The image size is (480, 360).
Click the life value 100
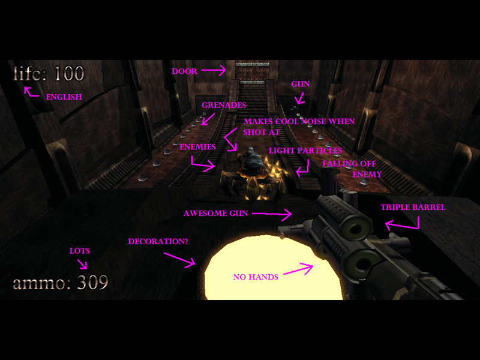click(69, 74)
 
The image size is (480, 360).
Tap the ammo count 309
click(93, 281)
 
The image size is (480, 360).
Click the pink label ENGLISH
click(64, 97)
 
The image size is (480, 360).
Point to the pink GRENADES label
click(224, 105)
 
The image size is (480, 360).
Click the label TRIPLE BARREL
click(413, 208)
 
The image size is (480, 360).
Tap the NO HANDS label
click(256, 277)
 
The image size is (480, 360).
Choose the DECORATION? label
click(158, 242)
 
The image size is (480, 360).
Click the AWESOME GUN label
click(215, 213)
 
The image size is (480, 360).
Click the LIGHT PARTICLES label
click(305, 151)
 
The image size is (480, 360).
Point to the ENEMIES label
click(197, 147)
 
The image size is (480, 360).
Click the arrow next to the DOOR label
click(213, 71)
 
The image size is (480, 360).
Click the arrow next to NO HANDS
click(298, 270)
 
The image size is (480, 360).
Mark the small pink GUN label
click(301, 84)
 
